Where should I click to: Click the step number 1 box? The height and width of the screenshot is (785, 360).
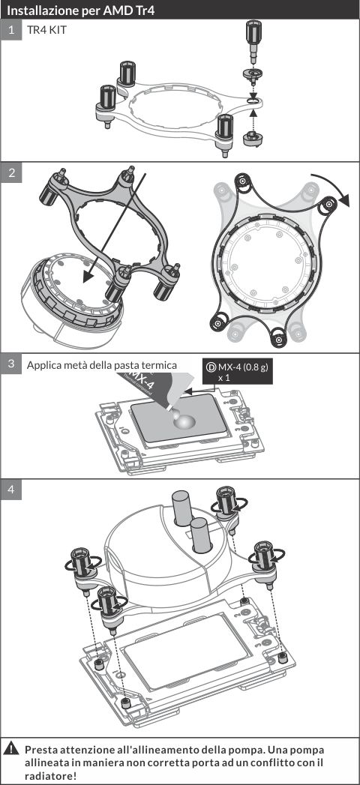click(11, 30)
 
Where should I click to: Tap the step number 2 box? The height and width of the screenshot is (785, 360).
click(11, 172)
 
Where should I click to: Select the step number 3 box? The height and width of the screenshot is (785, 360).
click(11, 364)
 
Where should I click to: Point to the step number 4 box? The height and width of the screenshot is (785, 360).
click(11, 490)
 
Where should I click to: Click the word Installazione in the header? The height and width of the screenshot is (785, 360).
click(40, 10)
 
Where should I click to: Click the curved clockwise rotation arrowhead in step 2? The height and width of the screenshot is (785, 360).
click(343, 199)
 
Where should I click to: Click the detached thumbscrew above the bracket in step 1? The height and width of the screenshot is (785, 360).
click(253, 42)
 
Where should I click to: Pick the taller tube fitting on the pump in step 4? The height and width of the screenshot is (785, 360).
click(181, 508)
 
